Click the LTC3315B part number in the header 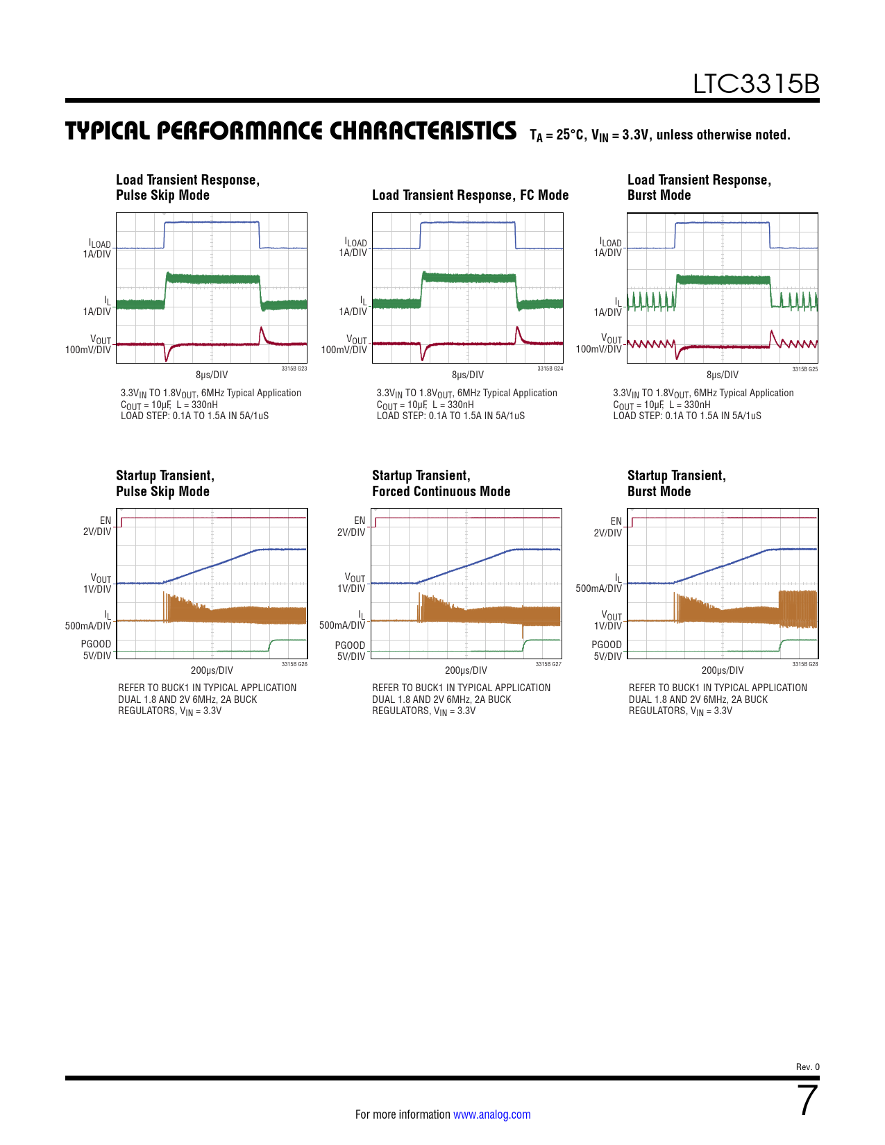(x=755, y=85)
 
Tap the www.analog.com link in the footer (x=491, y=1114)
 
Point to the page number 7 (x=807, y=1101)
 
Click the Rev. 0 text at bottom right (x=807, y=1067)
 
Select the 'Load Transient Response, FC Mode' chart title (x=470, y=195)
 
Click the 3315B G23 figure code (x=294, y=369)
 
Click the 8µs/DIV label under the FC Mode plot (x=467, y=375)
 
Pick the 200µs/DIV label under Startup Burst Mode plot (x=722, y=670)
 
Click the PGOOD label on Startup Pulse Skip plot (x=96, y=645)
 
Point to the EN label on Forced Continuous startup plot (x=359, y=520)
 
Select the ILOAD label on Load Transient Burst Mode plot (x=610, y=242)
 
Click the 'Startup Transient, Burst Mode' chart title (x=676, y=483)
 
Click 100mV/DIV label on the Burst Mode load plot (x=598, y=349)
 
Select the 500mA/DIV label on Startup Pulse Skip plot (x=87, y=626)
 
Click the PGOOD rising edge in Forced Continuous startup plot (x=524, y=645)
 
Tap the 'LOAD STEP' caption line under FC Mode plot (x=450, y=416)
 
